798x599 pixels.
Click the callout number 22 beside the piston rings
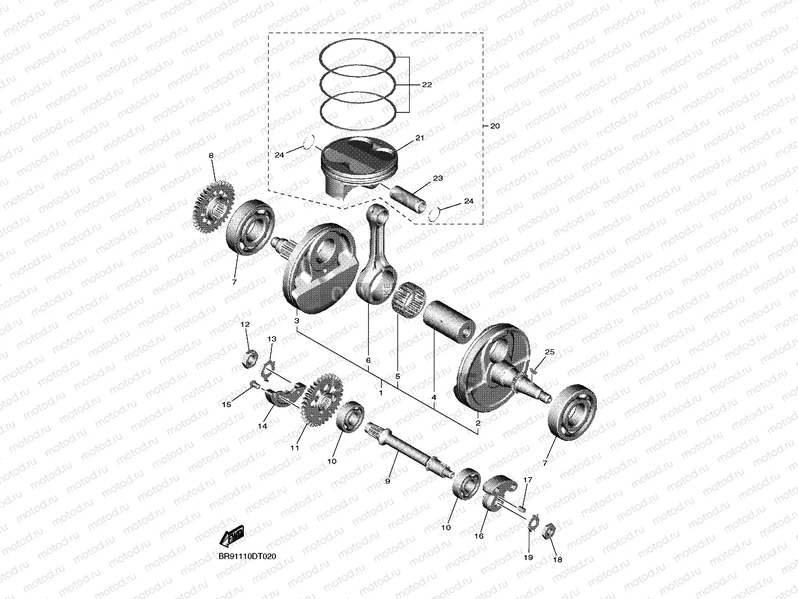coord(427,84)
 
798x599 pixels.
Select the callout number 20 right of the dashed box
coord(495,126)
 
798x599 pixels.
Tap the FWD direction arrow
coord(232,537)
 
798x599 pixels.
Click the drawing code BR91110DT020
coord(247,556)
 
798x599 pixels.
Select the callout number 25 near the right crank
coord(549,352)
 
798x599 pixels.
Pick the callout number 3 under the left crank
coord(296,320)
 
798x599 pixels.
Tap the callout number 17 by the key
coord(527,480)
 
